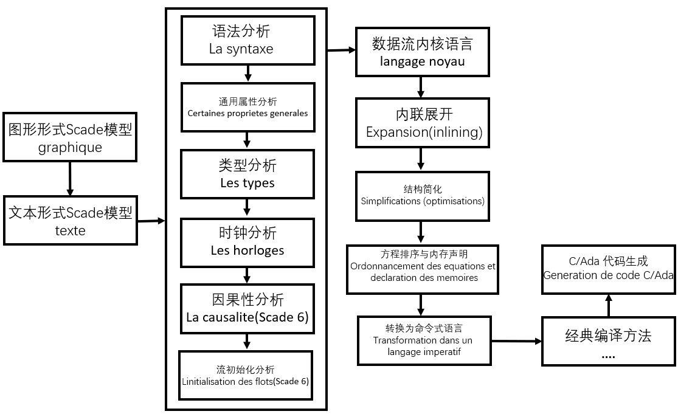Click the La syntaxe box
click(248, 40)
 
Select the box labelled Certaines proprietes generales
click(248, 107)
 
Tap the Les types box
click(247, 174)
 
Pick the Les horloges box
click(247, 241)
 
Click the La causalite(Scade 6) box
click(247, 309)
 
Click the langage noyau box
click(422, 52)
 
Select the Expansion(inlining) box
click(422, 123)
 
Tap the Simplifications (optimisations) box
click(422, 195)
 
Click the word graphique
click(71, 147)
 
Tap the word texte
click(71, 230)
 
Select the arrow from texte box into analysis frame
click(151, 221)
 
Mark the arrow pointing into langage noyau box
click(342, 50)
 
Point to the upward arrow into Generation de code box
click(608, 305)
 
